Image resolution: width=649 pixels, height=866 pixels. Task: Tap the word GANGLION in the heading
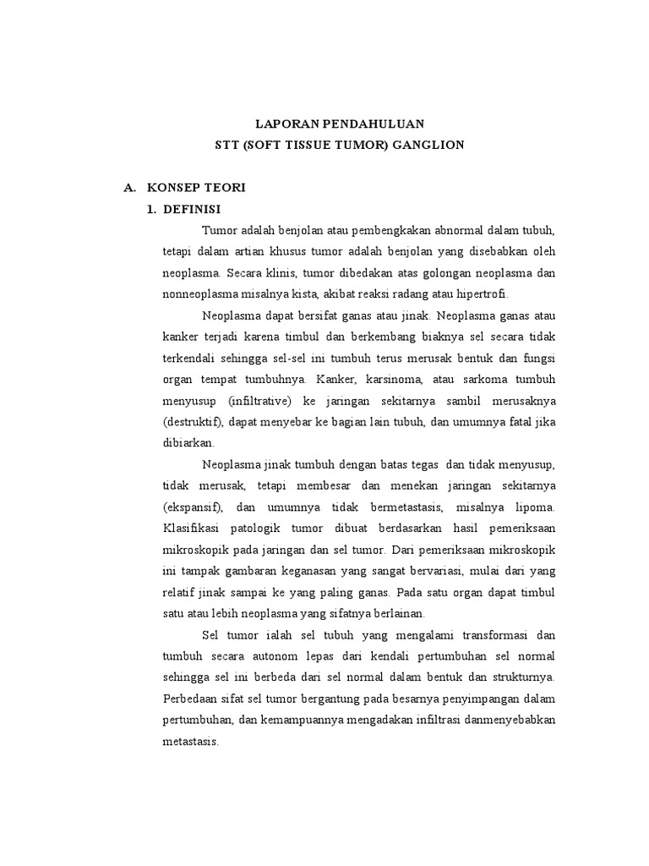tap(429, 145)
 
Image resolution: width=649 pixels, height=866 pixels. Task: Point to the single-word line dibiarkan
tap(189, 442)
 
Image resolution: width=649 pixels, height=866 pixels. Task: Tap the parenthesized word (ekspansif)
tap(193, 507)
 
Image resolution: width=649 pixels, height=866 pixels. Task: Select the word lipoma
tap(534, 507)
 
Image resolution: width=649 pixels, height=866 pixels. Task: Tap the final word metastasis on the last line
tap(190, 741)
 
